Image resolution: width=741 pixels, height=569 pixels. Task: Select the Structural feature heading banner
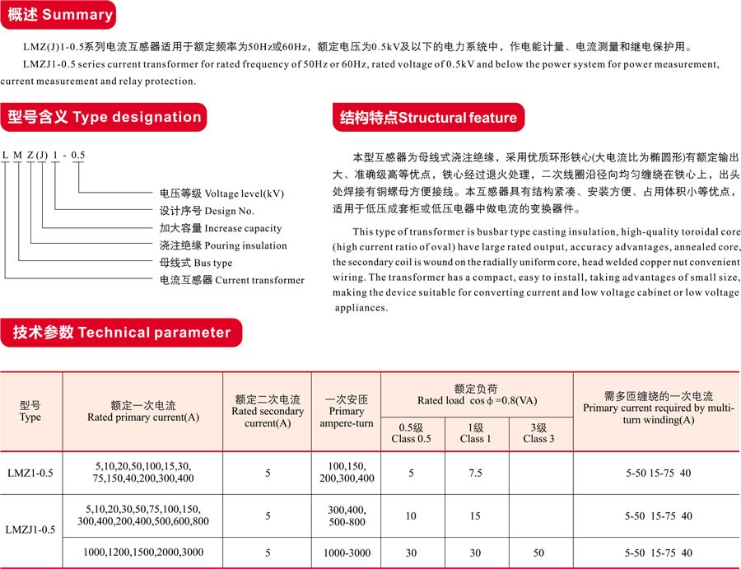pos(428,118)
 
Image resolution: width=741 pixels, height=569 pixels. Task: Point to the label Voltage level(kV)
pos(221,194)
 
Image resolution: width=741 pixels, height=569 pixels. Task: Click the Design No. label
pos(207,211)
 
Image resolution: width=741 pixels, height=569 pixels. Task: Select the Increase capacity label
pos(220,228)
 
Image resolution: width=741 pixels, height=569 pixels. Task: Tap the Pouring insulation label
pos(223,245)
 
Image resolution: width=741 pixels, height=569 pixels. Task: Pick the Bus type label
pos(196,263)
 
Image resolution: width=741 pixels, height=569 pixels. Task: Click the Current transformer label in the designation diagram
pos(231,280)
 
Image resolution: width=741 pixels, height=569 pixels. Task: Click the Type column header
pos(30,411)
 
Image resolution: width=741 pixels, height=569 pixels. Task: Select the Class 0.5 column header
pos(412,433)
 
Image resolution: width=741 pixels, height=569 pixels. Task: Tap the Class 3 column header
pos(538,433)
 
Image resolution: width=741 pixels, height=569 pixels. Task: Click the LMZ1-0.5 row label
pos(30,473)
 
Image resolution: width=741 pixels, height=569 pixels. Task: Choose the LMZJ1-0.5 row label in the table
pos(30,529)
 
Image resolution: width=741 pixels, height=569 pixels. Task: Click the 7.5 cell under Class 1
pos(475,473)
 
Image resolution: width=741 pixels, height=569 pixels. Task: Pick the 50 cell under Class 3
pos(538,553)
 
